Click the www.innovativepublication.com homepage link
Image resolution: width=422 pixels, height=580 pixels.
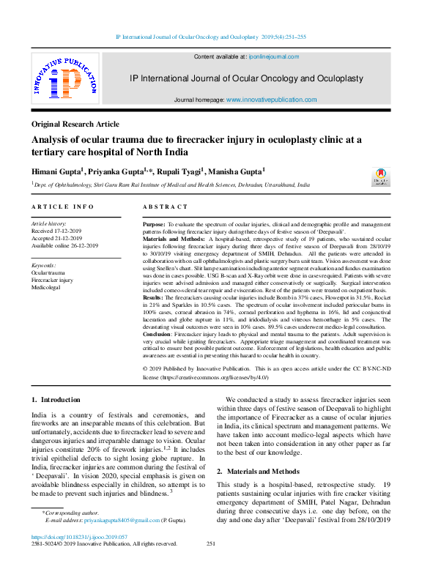click(271, 99)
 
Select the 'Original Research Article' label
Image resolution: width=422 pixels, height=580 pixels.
click(75, 124)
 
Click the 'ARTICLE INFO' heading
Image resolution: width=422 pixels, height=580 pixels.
click(62, 207)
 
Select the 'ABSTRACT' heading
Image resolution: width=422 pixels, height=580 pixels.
click(165, 207)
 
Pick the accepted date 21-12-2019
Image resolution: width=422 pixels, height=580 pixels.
click(65, 238)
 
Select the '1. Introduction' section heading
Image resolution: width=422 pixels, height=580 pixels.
click(56, 400)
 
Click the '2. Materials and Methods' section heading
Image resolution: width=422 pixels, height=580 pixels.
click(258, 472)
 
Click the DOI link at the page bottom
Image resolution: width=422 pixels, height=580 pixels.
click(73, 536)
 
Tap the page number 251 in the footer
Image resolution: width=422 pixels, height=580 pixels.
click(211, 543)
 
